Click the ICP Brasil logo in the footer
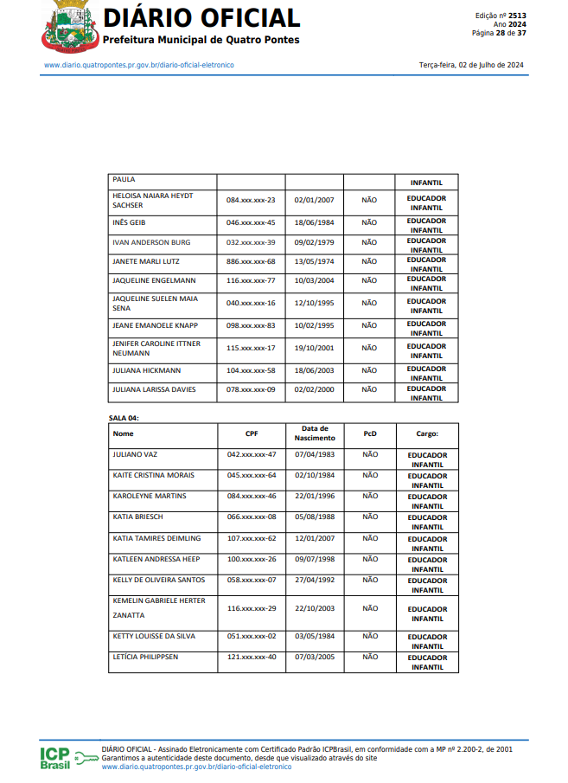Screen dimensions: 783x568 [67, 757]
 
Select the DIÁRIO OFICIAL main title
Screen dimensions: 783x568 [201, 17]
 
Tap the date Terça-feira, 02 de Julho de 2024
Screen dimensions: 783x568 [470, 65]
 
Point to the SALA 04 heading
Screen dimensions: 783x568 [124, 418]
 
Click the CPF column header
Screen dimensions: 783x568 [251, 433]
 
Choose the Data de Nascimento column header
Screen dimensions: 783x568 [315, 433]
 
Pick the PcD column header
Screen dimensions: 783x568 [370, 433]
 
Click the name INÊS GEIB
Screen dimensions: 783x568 [129, 222]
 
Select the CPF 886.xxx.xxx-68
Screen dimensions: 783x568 [251, 261]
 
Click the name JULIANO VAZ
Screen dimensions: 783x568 [135, 454]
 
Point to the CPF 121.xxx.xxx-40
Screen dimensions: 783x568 [251, 657]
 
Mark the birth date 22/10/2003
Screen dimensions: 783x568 [315, 608]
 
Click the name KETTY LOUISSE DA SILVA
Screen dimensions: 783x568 [154, 636]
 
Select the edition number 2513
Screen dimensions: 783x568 [517, 16]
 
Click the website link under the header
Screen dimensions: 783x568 [138, 65]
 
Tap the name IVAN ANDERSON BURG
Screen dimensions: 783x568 [151, 242]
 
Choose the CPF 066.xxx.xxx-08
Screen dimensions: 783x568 [251, 517]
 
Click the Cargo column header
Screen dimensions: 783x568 [427, 433]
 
